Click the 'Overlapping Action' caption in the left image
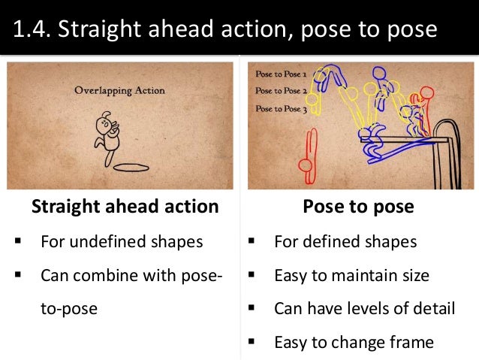click(119, 91)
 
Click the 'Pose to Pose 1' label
click(281, 75)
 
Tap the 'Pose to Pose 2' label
click(281, 91)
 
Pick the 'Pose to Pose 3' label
click(281, 108)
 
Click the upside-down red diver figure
click(307, 153)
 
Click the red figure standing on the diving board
click(425, 109)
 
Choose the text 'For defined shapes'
click(345, 242)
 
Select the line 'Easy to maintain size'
click(351, 275)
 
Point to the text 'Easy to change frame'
click(354, 343)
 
